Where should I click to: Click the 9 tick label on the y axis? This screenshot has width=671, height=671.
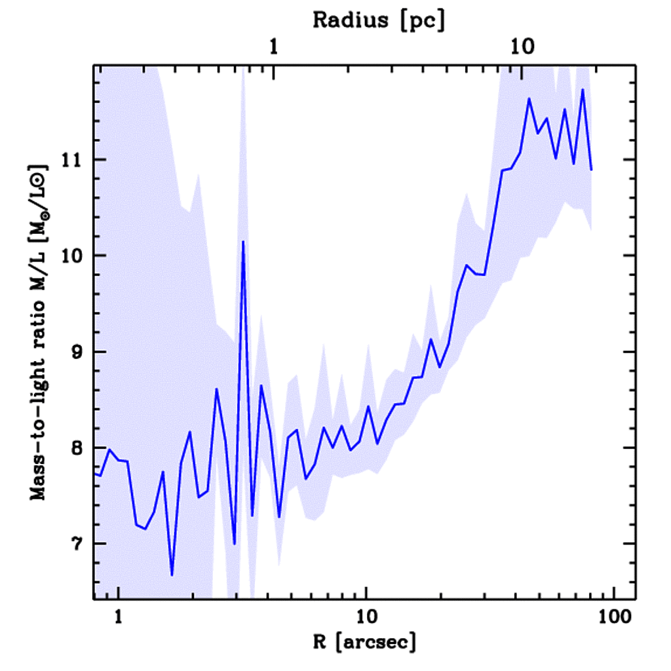point(79,352)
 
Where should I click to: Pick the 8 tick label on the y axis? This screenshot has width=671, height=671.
point(79,448)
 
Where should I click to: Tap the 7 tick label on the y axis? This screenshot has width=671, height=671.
point(79,544)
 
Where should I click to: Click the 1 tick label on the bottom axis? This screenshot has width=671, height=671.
point(119,617)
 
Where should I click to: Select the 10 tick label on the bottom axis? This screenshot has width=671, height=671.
point(366,617)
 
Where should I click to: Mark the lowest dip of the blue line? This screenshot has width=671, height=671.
point(172,575)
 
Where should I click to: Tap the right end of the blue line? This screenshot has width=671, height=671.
point(591,170)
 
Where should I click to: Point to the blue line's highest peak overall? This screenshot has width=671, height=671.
point(582,90)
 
